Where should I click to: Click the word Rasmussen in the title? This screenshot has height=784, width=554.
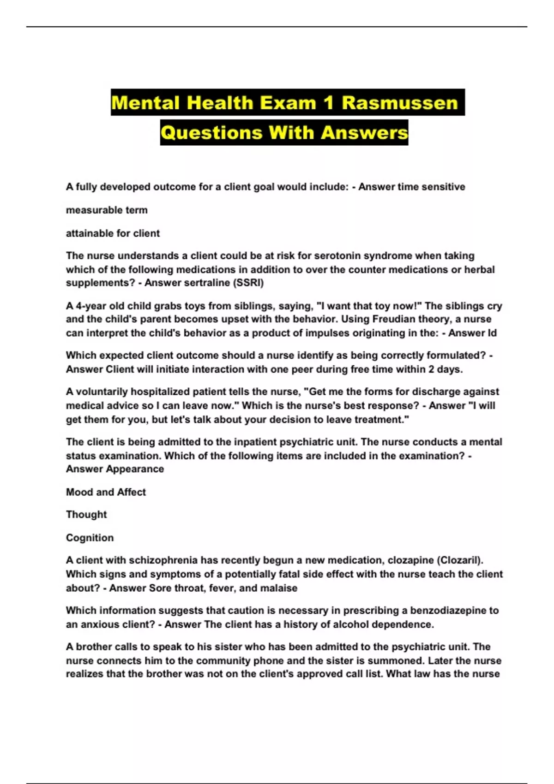399,103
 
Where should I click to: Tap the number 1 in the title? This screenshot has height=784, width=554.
328,103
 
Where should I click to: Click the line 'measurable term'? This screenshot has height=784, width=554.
107,210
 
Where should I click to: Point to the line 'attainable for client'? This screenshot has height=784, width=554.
113,233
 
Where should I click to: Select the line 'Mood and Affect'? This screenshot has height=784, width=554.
106,492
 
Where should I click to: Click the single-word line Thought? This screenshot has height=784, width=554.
86,515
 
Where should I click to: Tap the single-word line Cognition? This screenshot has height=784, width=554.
90,538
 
